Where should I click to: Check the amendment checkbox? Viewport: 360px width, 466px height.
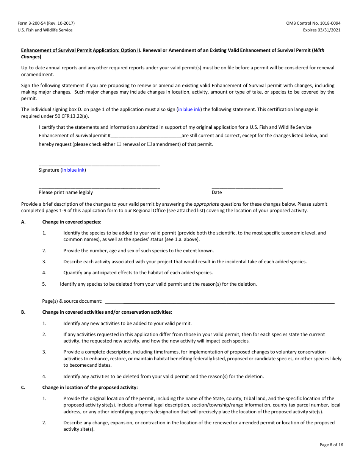[149, 144]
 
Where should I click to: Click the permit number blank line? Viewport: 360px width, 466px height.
[146, 136]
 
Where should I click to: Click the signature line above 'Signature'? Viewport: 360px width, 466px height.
[99, 165]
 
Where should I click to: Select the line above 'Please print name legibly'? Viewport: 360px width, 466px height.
[99, 188]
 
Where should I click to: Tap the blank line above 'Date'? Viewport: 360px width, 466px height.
[247, 188]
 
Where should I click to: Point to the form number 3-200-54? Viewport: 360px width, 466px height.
[48, 23]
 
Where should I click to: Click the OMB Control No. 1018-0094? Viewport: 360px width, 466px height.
[313, 23]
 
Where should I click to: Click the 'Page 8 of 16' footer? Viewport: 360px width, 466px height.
[331, 445]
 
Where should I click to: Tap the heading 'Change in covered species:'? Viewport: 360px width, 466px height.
[72, 222]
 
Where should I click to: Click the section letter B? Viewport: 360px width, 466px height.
[23, 312]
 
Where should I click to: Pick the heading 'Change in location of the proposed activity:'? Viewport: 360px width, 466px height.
[90, 388]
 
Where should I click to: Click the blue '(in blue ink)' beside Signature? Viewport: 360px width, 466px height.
[74, 170]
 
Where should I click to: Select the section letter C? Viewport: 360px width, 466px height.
[23, 388]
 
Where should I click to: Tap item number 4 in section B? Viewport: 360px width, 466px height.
[44, 377]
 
